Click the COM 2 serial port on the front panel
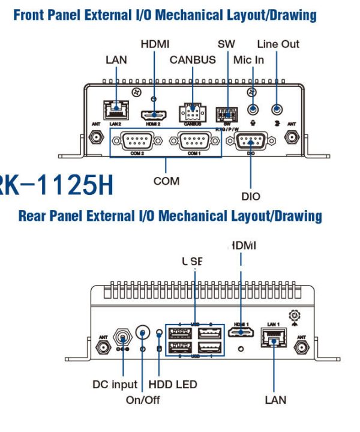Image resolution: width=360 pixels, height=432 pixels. tap(137, 142)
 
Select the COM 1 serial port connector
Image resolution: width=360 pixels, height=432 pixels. tap(193, 142)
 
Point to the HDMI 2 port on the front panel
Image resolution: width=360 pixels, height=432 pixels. tap(154, 113)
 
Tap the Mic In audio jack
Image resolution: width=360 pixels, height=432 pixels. tap(254, 110)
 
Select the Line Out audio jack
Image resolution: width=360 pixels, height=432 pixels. tap(277, 110)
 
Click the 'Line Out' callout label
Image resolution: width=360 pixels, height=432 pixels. tap(278, 44)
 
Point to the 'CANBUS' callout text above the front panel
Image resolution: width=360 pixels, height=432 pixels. tap(193, 60)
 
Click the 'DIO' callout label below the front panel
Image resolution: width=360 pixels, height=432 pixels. tap(251, 196)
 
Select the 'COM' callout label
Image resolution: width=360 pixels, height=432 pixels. tap(166, 181)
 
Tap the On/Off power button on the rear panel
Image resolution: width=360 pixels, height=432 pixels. tap(143, 332)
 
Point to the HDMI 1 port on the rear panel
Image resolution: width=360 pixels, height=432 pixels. tap(241, 333)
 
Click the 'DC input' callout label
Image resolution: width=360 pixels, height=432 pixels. tap(115, 384)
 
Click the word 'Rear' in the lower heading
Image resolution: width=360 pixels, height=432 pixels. tap(34, 215)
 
